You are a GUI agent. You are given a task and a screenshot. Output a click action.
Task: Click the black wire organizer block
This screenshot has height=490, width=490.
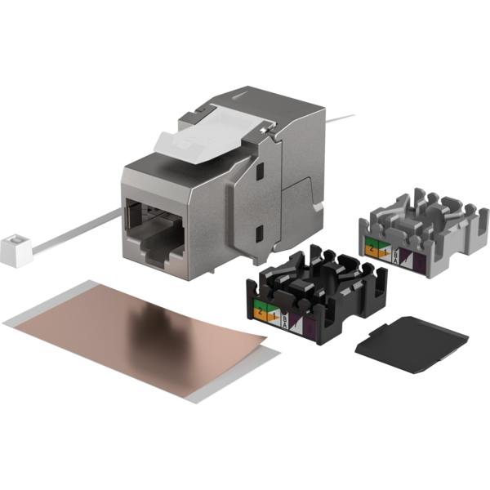(318, 298)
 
